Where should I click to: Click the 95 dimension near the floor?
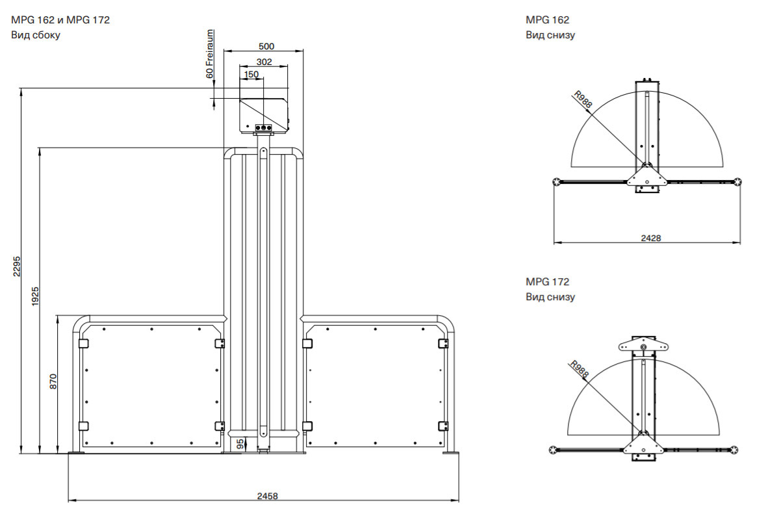pos(240,443)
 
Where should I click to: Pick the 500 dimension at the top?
pos(266,46)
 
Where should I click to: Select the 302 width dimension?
pos(264,62)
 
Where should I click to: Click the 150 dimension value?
pos(251,75)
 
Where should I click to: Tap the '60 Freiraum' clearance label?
pos(210,54)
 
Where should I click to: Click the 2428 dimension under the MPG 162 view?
pos(650,238)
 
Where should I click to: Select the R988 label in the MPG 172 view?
pos(578,370)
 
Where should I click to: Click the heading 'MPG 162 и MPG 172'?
pos(60,20)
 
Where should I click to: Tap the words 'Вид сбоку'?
pos(36,35)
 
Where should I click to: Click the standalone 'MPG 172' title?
pos(547,282)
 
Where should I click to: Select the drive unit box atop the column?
pos(264,114)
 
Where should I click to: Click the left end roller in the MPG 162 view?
pos(557,181)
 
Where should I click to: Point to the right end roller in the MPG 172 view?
pos(734,449)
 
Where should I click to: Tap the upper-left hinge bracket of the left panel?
pos(83,342)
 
